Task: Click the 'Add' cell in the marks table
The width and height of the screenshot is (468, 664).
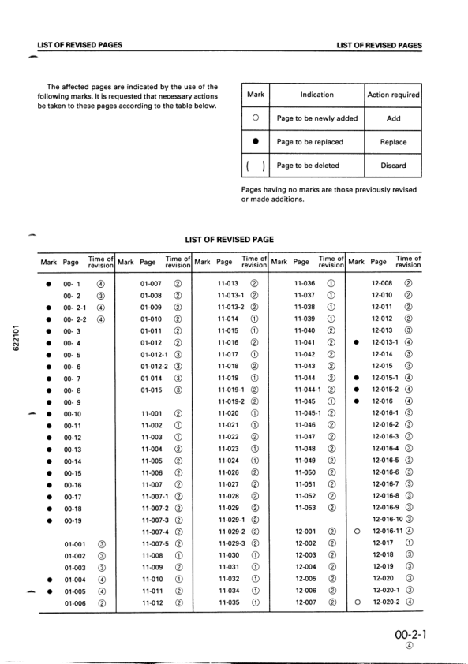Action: coord(393,118)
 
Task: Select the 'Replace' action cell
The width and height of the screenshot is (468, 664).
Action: coord(393,142)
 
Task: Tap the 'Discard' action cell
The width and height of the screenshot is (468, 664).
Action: coord(393,166)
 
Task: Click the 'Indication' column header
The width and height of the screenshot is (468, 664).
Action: coord(316,95)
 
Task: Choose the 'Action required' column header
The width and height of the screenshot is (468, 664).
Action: coord(393,95)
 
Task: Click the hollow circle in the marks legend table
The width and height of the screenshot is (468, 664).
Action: coord(255,118)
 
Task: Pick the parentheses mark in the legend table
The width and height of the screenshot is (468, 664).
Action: coord(255,166)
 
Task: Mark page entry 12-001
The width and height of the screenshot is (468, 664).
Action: coord(305,532)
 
